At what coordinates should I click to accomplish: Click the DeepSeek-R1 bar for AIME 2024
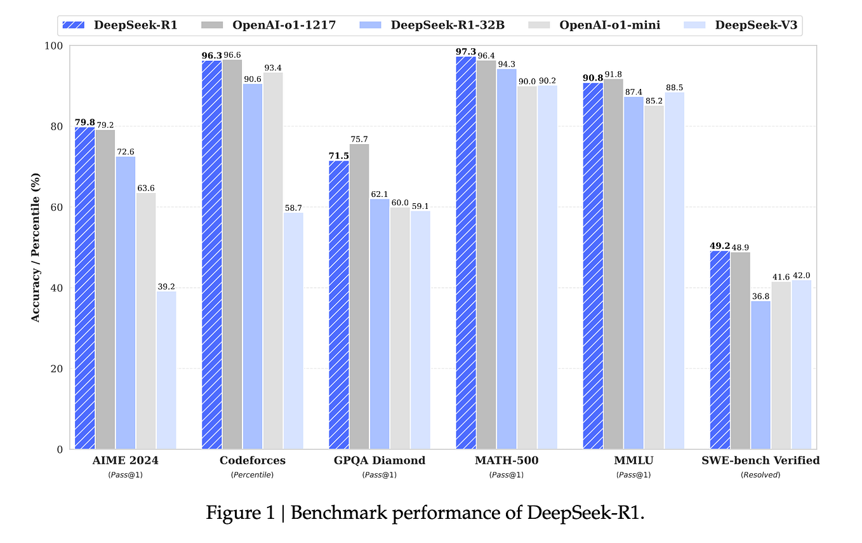coord(84,288)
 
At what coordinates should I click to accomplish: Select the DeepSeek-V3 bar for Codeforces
coord(293,331)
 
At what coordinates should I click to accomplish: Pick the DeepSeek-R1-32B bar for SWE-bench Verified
coord(760,375)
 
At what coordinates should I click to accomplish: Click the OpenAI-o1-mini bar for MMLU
coord(654,277)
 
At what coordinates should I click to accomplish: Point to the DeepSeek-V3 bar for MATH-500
coord(547,267)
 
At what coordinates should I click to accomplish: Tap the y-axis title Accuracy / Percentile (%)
coord(36,247)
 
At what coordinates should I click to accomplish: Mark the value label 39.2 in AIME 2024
coord(166,286)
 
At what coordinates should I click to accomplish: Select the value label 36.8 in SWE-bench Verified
coord(760,295)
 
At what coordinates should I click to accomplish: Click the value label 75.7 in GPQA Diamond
coord(359,138)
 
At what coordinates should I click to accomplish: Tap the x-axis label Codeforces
coord(252,460)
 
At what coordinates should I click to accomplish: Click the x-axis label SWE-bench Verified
coord(760,460)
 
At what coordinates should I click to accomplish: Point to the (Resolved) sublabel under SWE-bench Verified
coord(760,474)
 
